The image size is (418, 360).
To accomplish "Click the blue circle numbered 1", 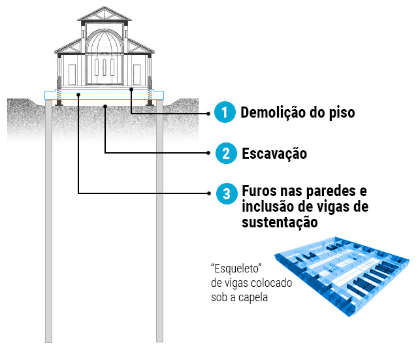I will click(225, 113).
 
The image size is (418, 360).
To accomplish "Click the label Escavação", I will click(274, 154).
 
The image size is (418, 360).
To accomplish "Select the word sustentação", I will click(280, 223).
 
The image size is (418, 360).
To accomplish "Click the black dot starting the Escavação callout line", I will click(105, 105).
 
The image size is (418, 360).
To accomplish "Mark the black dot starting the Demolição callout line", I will click(131, 89).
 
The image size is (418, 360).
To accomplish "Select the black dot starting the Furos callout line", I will click(78, 95).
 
